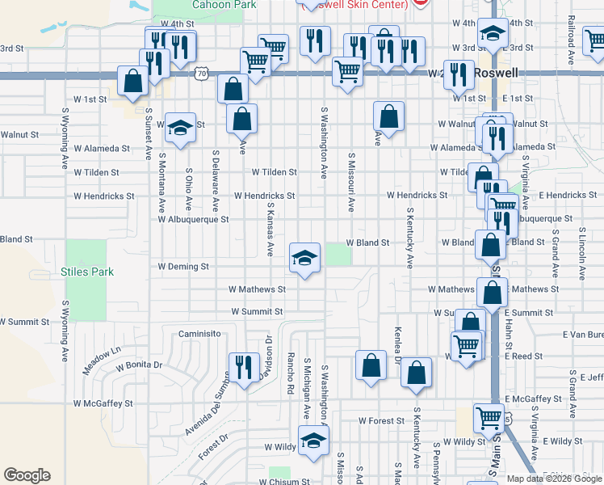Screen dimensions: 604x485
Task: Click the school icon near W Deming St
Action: click(x=304, y=258)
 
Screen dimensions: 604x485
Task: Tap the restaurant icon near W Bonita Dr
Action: click(x=241, y=368)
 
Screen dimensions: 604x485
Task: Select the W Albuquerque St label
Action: click(x=194, y=219)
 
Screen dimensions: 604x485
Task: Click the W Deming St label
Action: click(x=183, y=266)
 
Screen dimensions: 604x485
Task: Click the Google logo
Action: click(x=27, y=475)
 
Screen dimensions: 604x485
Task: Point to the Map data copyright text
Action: click(x=554, y=479)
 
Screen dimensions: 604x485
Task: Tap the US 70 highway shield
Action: click(x=199, y=74)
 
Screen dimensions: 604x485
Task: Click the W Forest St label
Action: click(x=381, y=421)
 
